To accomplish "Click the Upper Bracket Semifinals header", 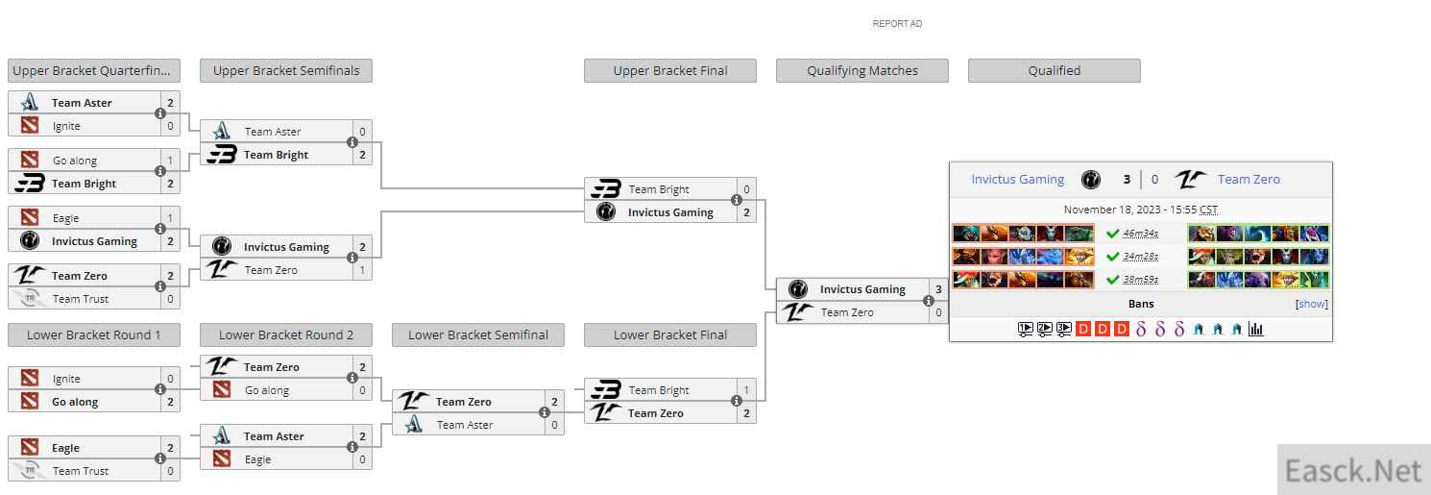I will click(x=286, y=70).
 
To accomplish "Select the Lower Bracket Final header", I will click(x=670, y=334).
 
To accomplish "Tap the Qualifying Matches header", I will click(x=862, y=70).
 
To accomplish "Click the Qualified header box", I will click(x=1055, y=70).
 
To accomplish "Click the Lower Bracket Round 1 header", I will click(x=94, y=334).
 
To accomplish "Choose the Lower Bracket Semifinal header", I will click(x=478, y=334).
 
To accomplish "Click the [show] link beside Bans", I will click(x=1311, y=304).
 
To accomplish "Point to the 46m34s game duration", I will click(x=1140, y=234).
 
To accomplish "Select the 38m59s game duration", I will click(x=1140, y=280).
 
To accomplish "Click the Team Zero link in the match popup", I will click(x=1249, y=179).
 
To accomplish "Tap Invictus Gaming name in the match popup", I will click(x=1017, y=179).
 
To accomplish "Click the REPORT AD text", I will click(x=897, y=24).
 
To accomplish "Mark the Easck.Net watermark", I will click(x=1353, y=470).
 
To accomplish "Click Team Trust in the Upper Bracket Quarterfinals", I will click(x=81, y=299).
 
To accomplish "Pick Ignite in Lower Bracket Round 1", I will click(x=67, y=379).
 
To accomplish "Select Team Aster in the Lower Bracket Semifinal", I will click(x=465, y=425).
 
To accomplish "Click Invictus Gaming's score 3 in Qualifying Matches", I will click(x=938, y=289).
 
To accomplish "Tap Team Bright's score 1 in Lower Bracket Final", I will click(x=746, y=390).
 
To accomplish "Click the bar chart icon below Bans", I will click(x=1255, y=329).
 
